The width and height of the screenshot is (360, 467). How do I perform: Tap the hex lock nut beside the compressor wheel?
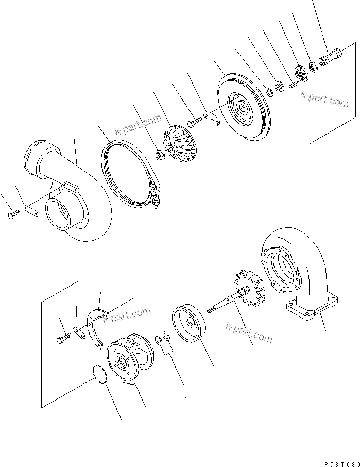point(160,154)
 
